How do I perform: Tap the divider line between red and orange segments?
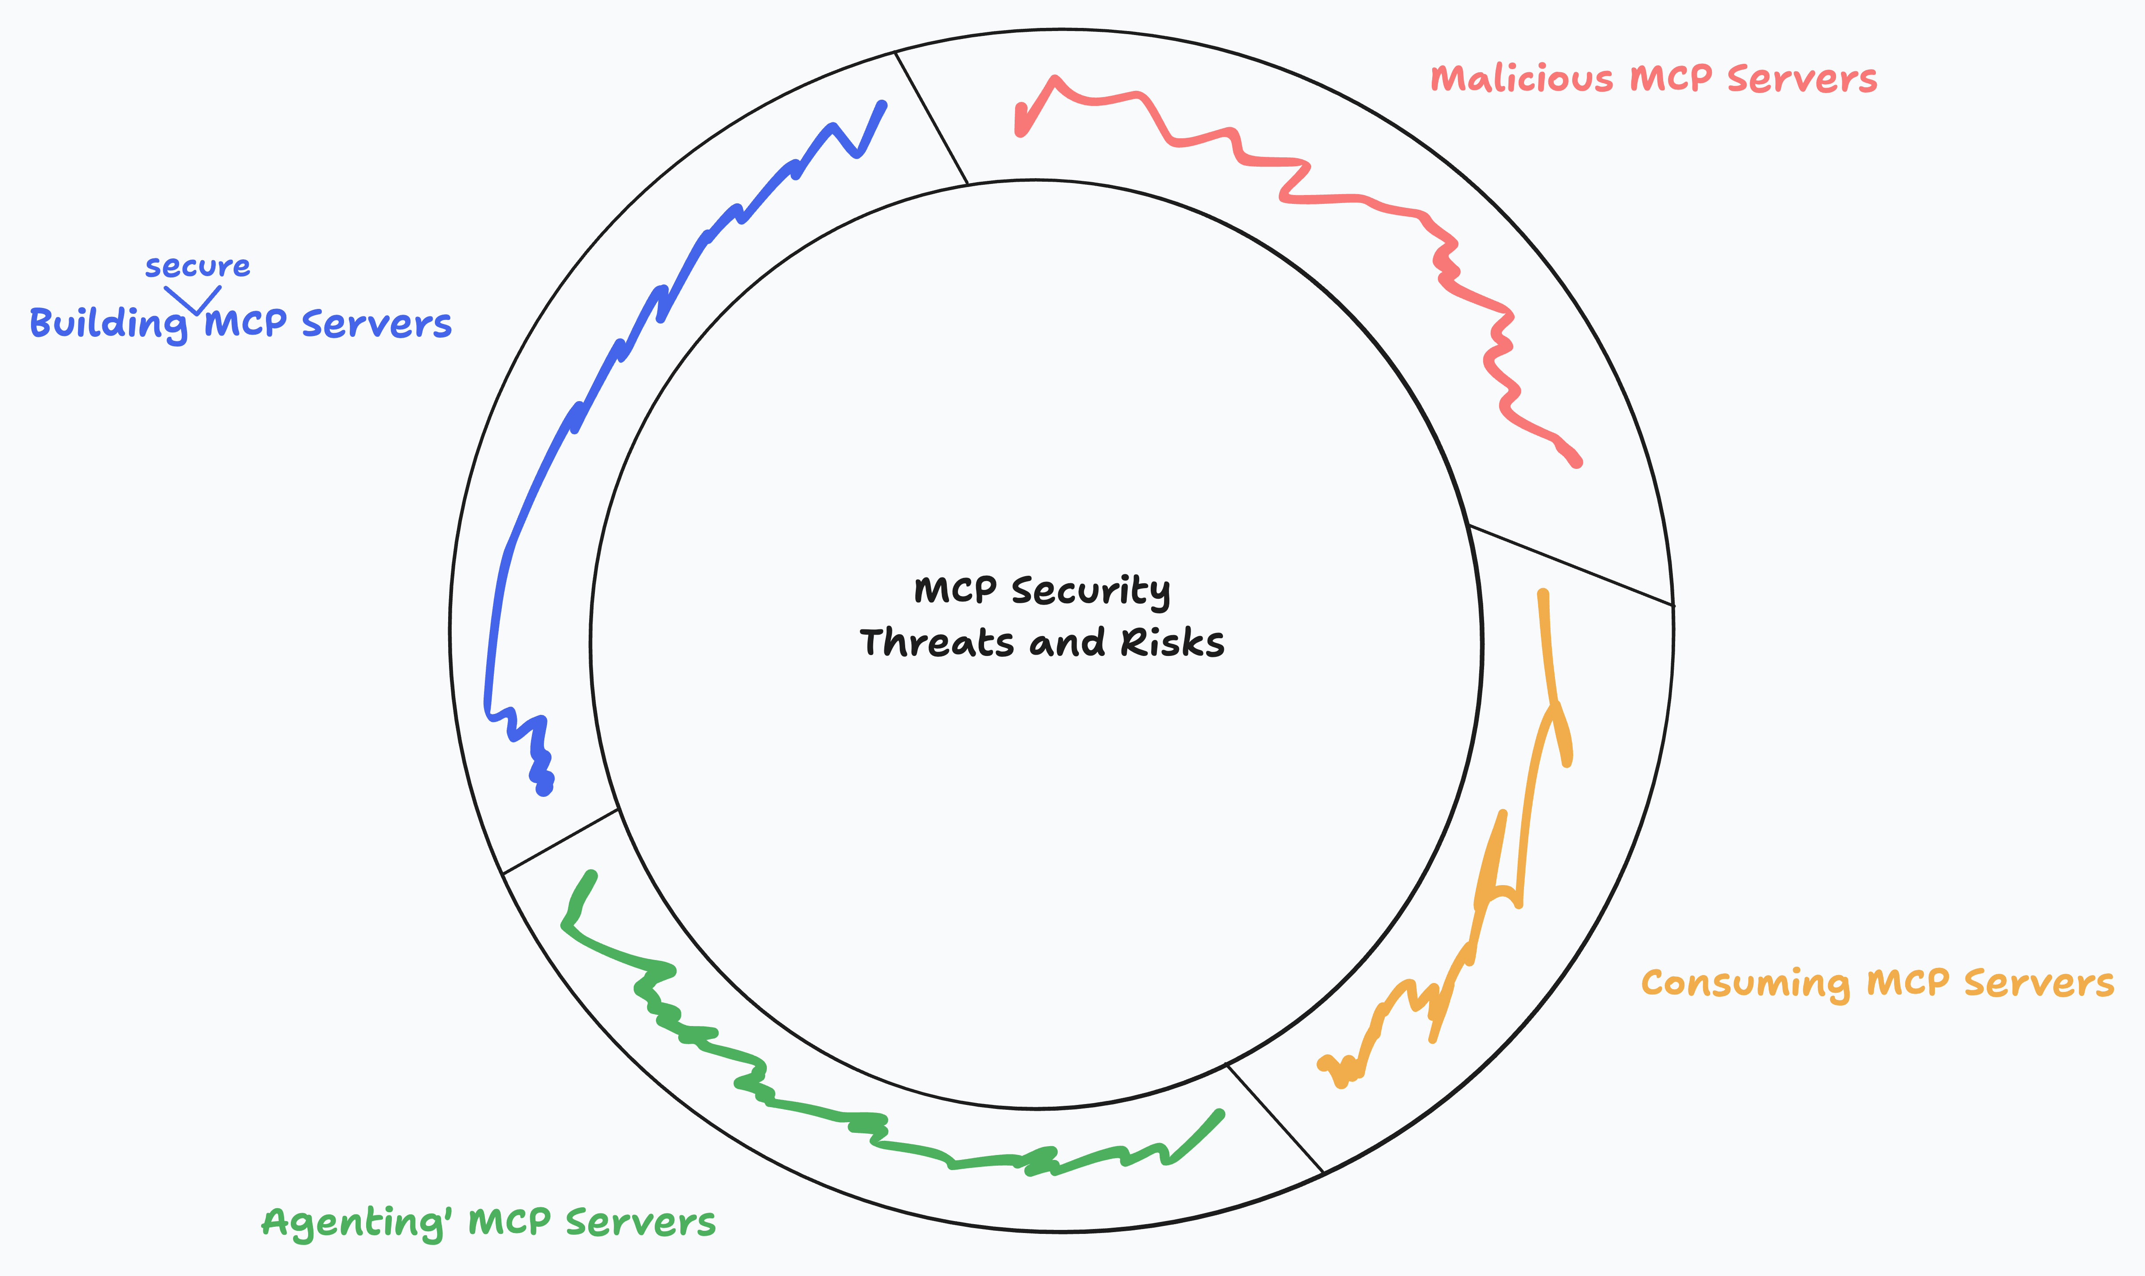(1571, 566)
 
